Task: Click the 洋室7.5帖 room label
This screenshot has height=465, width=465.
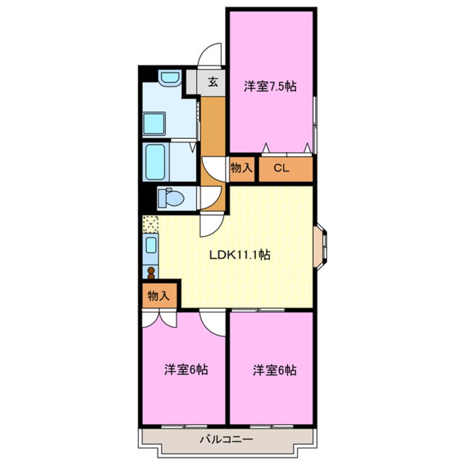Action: pos(270,86)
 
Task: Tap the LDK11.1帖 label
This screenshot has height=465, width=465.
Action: pos(240,255)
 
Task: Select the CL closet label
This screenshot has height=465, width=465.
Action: pos(281,169)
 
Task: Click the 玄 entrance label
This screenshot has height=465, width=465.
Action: pos(213,84)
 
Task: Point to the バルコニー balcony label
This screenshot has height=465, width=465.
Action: pos(226,440)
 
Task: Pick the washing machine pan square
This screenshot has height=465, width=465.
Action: pos(154,124)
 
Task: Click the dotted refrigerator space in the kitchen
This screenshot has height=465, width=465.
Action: pos(151,224)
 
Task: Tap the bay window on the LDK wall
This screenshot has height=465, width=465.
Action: pos(320,246)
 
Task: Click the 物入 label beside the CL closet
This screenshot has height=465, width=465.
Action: pos(241,169)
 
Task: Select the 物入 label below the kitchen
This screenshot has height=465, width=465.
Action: pos(158,296)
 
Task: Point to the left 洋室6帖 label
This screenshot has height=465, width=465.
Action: pos(186,370)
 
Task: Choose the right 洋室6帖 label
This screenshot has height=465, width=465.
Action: pos(274,370)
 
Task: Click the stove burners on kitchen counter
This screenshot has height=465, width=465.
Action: pos(151,272)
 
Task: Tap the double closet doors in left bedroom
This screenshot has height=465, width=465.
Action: pos(159,319)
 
